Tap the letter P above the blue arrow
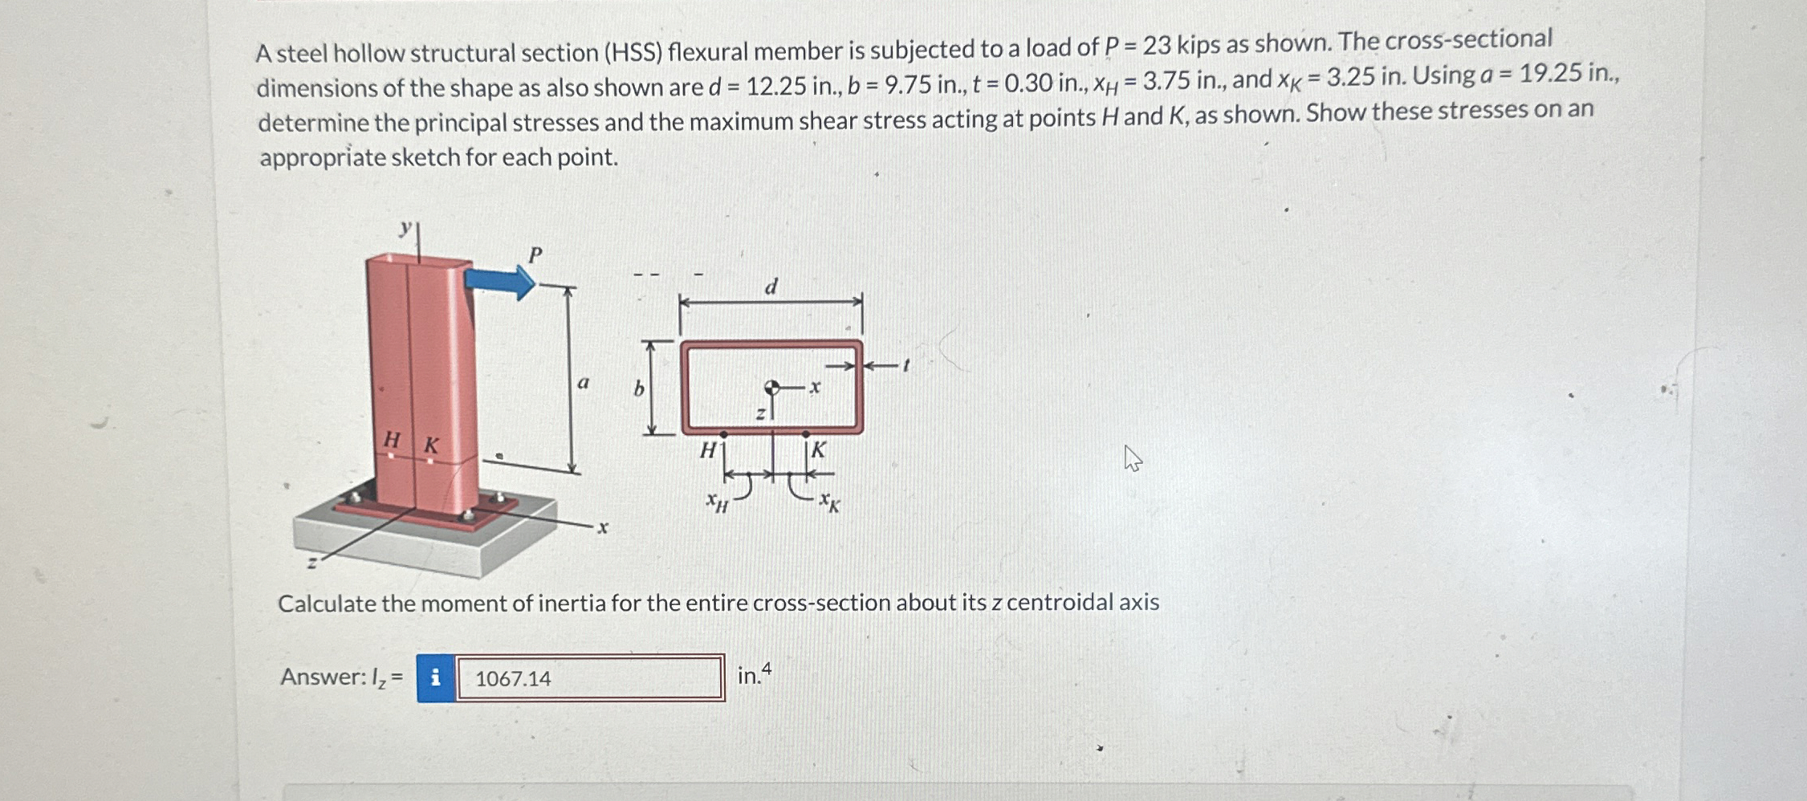tap(535, 255)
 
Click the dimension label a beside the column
tap(584, 383)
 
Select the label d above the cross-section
tap(771, 287)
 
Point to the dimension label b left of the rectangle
tap(639, 389)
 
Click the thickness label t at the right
tap(906, 365)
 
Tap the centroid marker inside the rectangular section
tap(771, 388)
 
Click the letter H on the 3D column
tap(392, 439)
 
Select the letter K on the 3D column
tap(431, 445)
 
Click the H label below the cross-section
tap(707, 450)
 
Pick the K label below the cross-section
tap(818, 450)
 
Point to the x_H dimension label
tap(716, 502)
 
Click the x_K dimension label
tap(829, 502)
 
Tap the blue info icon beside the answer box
tap(436, 678)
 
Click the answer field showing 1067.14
tap(590, 678)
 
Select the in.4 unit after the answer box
tap(754, 674)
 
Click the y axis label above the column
tap(406, 228)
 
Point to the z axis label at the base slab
tap(312, 563)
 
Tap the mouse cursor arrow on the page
tap(1132, 458)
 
